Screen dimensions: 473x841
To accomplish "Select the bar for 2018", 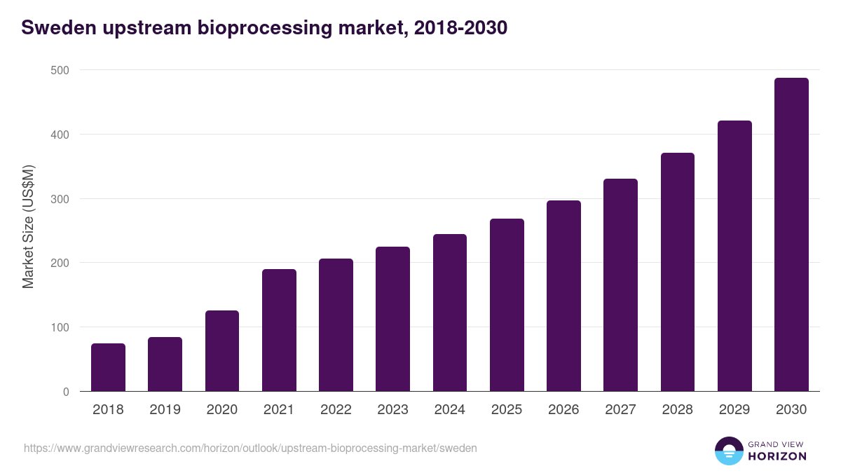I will (108, 367).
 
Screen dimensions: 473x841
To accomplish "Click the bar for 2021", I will (279, 330).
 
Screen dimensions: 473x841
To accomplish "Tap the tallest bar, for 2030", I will (791, 235).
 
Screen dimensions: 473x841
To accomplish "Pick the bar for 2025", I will (507, 305).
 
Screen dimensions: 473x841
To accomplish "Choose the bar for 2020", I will (222, 351).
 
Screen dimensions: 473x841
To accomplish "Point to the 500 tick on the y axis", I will (60, 70).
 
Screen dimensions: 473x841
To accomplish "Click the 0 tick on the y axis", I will (65, 392).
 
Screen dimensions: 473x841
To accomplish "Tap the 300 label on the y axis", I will (60, 199).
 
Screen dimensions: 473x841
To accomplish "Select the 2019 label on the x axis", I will (165, 410).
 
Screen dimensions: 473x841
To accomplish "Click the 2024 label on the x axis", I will (449, 410).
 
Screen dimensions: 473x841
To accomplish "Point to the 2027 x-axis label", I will (620, 410).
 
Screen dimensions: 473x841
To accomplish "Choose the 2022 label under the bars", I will (336, 410).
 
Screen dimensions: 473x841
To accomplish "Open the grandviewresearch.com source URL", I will (250, 448).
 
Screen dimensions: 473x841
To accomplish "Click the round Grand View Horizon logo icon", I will (728, 451).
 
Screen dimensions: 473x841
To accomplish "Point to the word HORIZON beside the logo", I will (777, 456).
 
